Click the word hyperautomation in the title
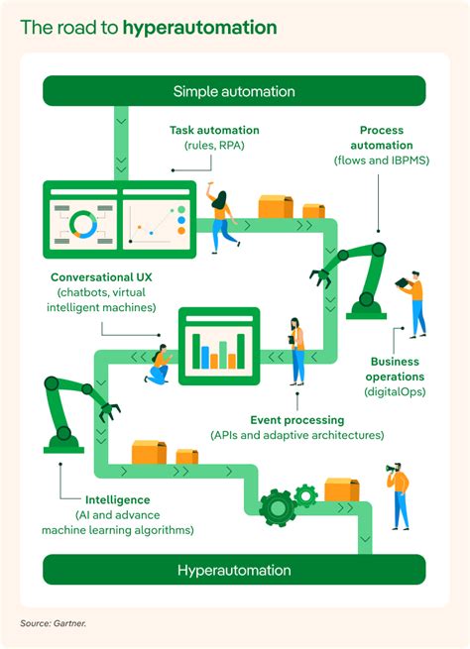click(x=199, y=27)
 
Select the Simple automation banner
click(x=234, y=91)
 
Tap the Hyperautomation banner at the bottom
click(x=234, y=570)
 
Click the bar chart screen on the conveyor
click(x=218, y=345)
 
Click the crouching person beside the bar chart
click(x=159, y=364)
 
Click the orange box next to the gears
click(x=341, y=489)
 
